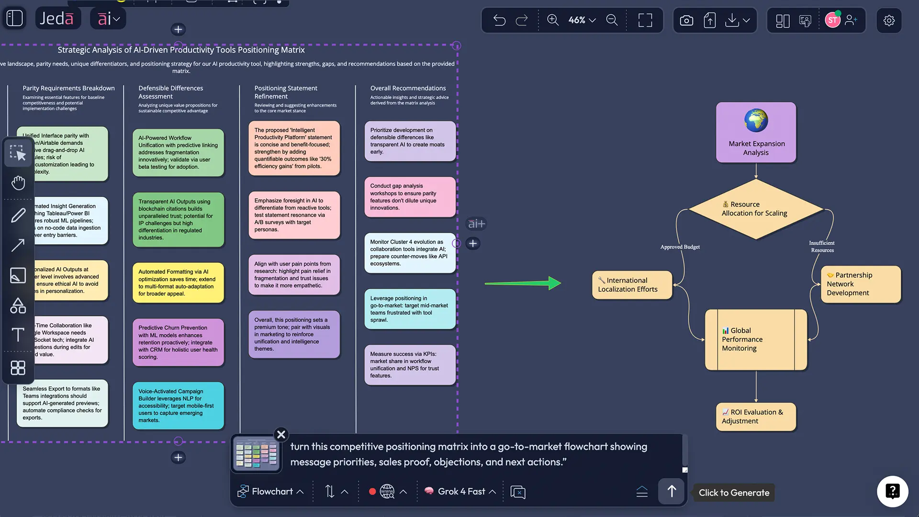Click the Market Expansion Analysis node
[756, 132]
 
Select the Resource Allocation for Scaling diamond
[755, 209]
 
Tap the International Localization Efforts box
[632, 285]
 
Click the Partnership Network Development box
[861, 284]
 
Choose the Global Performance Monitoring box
[755, 339]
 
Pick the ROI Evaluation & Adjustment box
[755, 416]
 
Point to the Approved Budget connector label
[680, 247]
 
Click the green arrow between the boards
[522, 283]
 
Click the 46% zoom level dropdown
[582, 20]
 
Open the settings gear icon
[889, 20]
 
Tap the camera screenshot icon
[686, 20]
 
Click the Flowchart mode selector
[271, 492]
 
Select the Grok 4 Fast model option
[460, 492]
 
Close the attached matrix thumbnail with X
[281, 434]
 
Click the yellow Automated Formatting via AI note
[178, 283]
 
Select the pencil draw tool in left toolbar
[18, 215]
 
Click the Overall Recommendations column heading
[408, 88]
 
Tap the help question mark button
[892, 491]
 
